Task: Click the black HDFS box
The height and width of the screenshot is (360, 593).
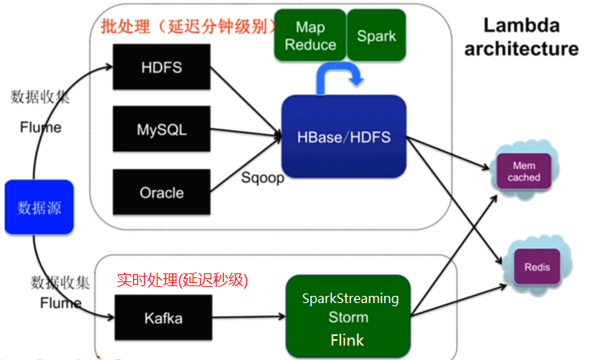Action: pyautogui.click(x=160, y=67)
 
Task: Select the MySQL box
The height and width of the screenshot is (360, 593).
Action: pyautogui.click(x=160, y=130)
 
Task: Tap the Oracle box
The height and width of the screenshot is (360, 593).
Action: pyautogui.click(x=160, y=192)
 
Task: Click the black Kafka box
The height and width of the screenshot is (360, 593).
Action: pyautogui.click(x=163, y=318)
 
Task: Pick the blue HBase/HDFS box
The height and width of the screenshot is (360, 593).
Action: pyautogui.click(x=343, y=137)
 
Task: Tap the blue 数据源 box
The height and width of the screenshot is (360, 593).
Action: pyautogui.click(x=39, y=208)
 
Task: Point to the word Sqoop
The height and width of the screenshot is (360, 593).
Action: pyautogui.click(x=263, y=178)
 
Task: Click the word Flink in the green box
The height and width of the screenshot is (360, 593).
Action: pyautogui.click(x=347, y=340)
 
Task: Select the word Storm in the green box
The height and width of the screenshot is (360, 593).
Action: pyautogui.click(x=349, y=318)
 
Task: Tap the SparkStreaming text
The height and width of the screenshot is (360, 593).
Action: pyautogui.click(x=349, y=298)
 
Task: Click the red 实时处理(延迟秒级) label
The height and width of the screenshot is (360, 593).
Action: pyautogui.click(x=182, y=280)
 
